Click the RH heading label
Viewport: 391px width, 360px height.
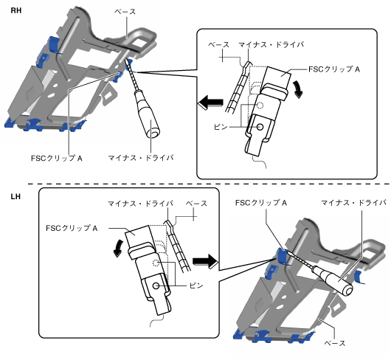click(16, 10)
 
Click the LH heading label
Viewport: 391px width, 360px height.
click(15, 197)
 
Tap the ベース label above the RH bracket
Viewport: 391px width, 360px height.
click(125, 12)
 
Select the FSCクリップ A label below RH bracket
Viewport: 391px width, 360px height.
click(57, 158)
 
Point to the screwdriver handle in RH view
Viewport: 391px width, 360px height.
click(148, 114)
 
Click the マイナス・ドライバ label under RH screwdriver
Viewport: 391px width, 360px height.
click(141, 158)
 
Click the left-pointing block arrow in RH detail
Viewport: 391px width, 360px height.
click(210, 103)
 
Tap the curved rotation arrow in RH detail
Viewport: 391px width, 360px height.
click(298, 89)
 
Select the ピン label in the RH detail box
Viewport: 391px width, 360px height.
click(221, 127)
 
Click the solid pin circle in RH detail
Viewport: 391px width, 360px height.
click(260, 127)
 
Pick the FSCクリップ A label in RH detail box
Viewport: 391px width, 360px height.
click(334, 69)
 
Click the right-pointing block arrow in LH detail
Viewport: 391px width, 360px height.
click(206, 262)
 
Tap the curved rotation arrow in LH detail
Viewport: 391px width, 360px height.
click(118, 249)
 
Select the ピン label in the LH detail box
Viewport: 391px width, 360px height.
click(196, 285)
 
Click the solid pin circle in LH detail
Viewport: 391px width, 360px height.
click(156, 285)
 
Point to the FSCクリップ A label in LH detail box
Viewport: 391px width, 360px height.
click(72, 228)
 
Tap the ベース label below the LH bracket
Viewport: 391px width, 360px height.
click(335, 343)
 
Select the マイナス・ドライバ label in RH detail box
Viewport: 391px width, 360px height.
click(271, 45)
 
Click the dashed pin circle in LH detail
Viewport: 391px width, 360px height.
click(156, 263)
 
